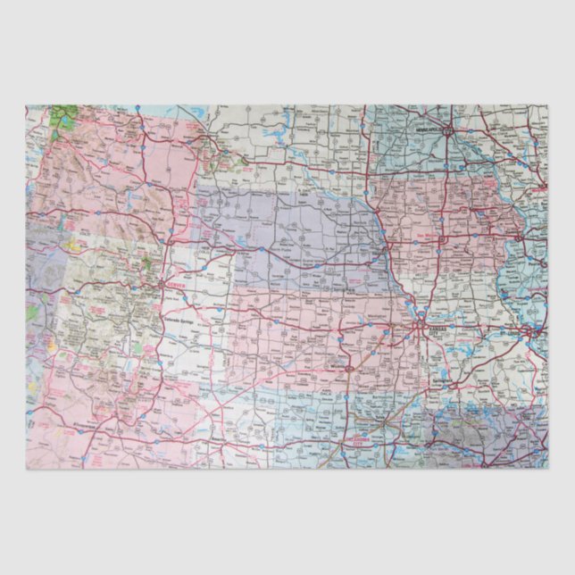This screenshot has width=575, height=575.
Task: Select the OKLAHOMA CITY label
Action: pyautogui.click(x=360, y=440)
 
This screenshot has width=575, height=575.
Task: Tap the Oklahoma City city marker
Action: pyautogui.click(x=348, y=439)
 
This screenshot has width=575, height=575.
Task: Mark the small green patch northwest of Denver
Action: pyautogui.click(x=147, y=265)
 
